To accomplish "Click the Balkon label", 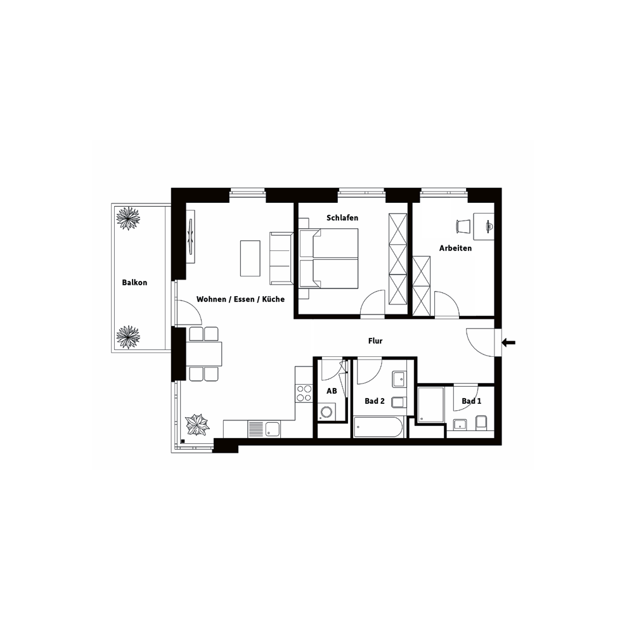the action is [134, 283].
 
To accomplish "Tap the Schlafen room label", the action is [342, 218].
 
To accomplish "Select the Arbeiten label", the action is [456, 249].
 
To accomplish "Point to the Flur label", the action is [375, 341].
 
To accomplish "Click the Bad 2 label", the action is [375, 401].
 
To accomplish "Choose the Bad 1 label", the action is [472, 401].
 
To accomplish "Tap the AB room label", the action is [332, 391].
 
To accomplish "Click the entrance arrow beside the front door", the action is [508, 343].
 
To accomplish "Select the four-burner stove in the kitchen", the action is [304, 393].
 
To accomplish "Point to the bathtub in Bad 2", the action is [378, 427].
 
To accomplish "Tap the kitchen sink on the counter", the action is [263, 429].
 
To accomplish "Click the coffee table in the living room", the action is [250, 259].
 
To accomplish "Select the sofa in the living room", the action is [281, 259].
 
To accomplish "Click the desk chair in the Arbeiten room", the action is [463, 226].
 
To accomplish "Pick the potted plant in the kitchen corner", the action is [197, 425].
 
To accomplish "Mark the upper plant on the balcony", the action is [128, 218].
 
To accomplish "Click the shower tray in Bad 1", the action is [431, 404].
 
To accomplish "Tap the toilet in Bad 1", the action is [481, 422].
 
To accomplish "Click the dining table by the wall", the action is [204, 354].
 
